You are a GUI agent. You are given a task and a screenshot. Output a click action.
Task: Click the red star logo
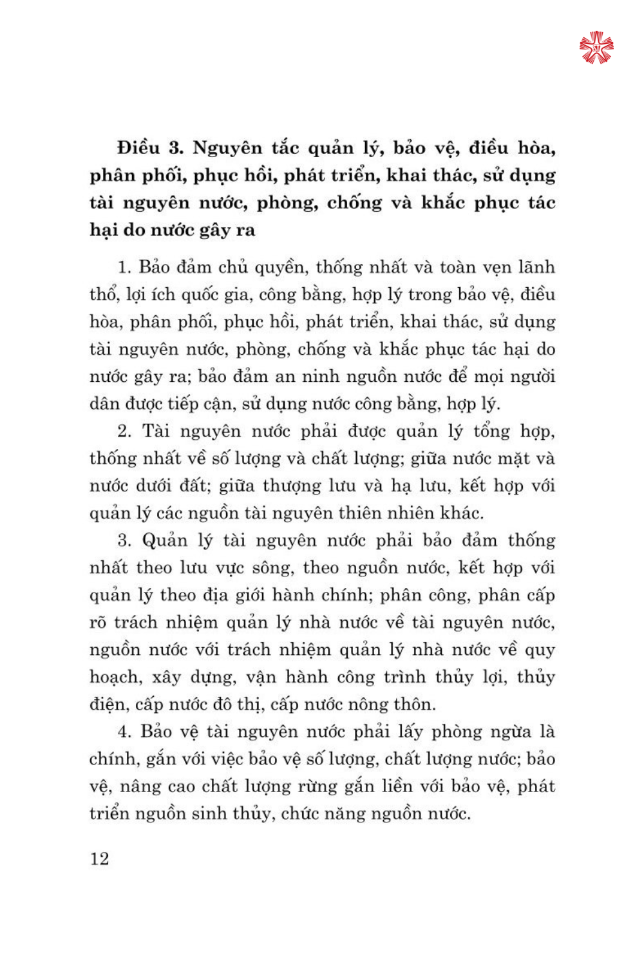[596, 48]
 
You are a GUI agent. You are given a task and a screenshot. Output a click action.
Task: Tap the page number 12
[100, 858]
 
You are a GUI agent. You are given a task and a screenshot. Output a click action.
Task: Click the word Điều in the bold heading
[138, 148]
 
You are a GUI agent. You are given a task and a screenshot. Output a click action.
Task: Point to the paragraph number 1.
[124, 267]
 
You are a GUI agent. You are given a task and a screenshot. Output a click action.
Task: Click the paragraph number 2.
[124, 431]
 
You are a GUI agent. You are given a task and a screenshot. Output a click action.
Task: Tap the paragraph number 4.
[124, 732]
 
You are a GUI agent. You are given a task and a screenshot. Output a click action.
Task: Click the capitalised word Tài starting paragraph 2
[156, 431]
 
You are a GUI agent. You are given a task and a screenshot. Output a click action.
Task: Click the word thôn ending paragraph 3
[416, 705]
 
